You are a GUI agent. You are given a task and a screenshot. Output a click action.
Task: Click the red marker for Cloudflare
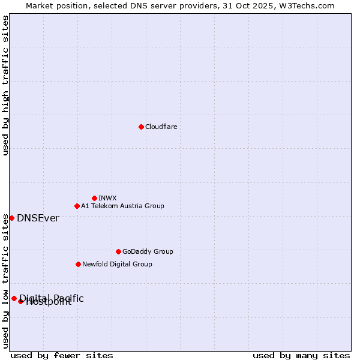(x=141, y=127)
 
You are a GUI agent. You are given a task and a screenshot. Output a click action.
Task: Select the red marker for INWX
(x=94, y=198)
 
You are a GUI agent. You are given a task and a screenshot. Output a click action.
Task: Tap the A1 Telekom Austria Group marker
(x=77, y=206)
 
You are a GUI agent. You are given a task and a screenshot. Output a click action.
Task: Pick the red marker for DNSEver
(x=11, y=218)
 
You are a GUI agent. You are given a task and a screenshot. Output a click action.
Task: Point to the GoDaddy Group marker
(x=118, y=251)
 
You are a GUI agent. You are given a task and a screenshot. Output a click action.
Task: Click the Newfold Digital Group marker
(x=78, y=264)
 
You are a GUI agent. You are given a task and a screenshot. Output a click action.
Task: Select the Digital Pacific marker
(x=14, y=298)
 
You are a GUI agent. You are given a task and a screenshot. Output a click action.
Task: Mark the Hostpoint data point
(x=20, y=301)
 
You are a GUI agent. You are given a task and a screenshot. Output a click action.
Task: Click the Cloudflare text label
(x=161, y=127)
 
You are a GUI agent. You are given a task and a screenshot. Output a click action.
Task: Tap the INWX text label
(x=107, y=198)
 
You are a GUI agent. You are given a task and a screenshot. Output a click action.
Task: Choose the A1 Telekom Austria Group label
(x=122, y=206)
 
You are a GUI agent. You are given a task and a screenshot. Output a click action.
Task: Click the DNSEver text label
(x=38, y=218)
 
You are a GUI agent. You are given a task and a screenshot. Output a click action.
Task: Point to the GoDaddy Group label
(x=148, y=251)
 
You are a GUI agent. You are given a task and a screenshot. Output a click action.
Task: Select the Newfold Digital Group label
(x=117, y=264)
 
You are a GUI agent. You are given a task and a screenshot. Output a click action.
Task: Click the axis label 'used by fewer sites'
(x=62, y=355)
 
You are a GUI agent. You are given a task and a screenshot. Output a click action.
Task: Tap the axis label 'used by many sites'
(x=301, y=355)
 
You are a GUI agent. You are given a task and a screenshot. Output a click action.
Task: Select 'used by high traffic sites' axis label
(x=6, y=85)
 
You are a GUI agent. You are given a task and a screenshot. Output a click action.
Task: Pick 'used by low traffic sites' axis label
(x=6, y=281)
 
